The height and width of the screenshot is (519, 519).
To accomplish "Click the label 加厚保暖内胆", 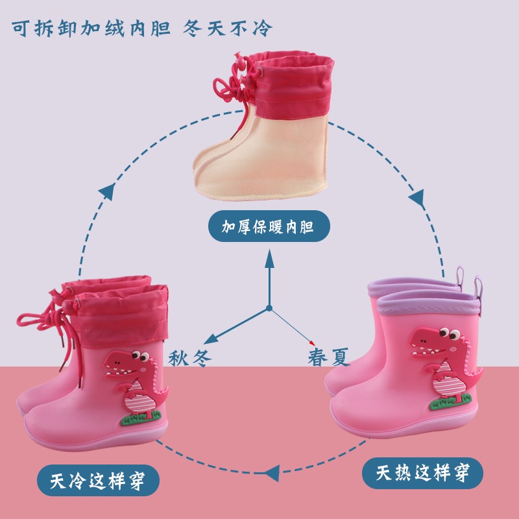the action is (x=268, y=226).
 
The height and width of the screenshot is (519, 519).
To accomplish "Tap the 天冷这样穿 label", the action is (x=98, y=481).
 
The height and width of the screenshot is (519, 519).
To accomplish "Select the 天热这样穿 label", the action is (x=423, y=473).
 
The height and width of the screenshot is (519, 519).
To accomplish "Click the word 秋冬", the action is (x=190, y=358).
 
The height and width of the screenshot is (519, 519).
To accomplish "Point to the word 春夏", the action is (x=329, y=357).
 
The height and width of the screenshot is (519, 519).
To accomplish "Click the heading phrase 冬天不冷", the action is (x=228, y=28).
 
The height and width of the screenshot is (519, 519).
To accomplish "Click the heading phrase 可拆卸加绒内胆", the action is (x=91, y=28).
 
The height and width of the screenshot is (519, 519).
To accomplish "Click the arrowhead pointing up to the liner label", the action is (x=269, y=259).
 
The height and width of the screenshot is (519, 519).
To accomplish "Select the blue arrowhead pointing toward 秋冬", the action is (x=211, y=339).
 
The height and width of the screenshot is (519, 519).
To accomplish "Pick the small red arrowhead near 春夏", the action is (x=312, y=343).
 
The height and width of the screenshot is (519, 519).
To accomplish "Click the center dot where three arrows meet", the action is (x=269, y=308).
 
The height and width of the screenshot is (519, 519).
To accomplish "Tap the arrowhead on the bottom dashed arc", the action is (x=272, y=474).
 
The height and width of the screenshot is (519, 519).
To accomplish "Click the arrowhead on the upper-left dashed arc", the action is (x=108, y=191).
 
